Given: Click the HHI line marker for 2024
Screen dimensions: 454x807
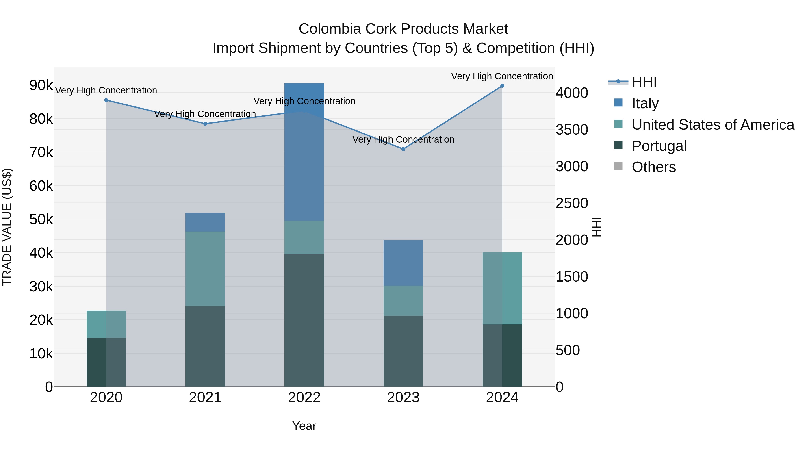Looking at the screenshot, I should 502,86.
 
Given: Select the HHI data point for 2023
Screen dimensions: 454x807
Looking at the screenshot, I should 403,149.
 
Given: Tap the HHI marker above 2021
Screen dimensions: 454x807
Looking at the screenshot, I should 205,124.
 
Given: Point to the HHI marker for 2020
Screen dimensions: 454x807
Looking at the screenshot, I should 106,100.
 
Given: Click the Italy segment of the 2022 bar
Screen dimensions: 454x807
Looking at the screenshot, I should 304,152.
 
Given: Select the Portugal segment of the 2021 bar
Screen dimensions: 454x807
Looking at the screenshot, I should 205,346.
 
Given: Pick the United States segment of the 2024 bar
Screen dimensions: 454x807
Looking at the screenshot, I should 502,288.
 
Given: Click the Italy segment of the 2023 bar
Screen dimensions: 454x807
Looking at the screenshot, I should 403,263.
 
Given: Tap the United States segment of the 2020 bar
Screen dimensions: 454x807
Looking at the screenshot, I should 106,324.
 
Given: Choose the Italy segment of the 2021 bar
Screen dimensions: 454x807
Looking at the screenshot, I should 205,222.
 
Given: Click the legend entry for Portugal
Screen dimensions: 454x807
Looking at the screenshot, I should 659,146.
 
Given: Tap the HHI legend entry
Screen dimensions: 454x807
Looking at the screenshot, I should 644,82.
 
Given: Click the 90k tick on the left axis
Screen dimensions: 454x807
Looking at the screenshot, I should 41,85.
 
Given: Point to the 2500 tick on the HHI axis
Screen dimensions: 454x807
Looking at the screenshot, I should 572,203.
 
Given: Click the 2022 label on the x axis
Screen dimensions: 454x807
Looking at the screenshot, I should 304,398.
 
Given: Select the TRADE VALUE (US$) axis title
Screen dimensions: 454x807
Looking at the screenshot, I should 7,227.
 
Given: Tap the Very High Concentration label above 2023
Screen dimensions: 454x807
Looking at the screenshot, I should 403,139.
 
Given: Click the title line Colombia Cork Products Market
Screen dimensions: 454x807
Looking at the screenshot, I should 403,29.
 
